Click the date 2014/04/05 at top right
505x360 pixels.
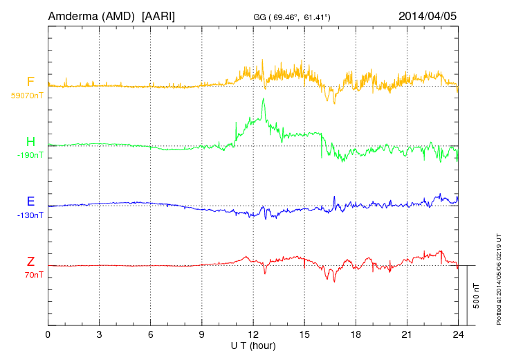click(x=428, y=15)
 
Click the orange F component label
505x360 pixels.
click(x=30, y=82)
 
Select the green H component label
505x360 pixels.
click(x=30, y=142)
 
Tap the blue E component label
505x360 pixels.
click(x=30, y=201)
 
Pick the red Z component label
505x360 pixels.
click(x=30, y=262)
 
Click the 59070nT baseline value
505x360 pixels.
click(x=26, y=94)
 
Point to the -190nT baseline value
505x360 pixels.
click(x=30, y=155)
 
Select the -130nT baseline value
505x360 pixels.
click(x=30, y=215)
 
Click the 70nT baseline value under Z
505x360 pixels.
click(x=31, y=275)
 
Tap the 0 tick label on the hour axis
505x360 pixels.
click(x=48, y=335)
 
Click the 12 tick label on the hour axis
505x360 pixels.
click(x=253, y=335)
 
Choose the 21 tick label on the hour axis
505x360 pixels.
click(x=407, y=335)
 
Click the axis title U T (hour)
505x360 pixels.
click(x=253, y=345)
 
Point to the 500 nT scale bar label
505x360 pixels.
click(x=477, y=296)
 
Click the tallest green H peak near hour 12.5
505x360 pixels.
click(x=263, y=100)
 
